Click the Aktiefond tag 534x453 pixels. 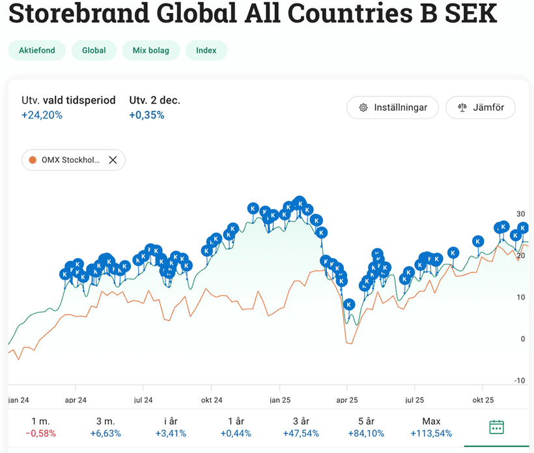click(x=37, y=50)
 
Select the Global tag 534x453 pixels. click(x=94, y=50)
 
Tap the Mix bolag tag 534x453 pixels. click(x=150, y=50)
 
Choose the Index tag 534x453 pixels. click(x=206, y=50)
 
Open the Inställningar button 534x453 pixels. click(x=393, y=108)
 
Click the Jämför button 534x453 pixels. click(x=481, y=108)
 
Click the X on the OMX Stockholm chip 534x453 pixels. click(x=113, y=160)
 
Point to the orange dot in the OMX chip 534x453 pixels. click(x=33, y=160)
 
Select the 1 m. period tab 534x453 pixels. click(x=41, y=428)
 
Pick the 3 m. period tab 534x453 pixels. click(x=105, y=428)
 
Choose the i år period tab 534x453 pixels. click(x=171, y=428)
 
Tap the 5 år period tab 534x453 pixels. click(x=366, y=428)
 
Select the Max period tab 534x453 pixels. click(x=431, y=428)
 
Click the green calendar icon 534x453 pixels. click(x=496, y=427)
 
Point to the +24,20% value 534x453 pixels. click(x=42, y=115)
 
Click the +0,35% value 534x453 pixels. click(x=147, y=115)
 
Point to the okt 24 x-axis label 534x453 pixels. click(x=211, y=400)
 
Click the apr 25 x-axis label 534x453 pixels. click(x=347, y=400)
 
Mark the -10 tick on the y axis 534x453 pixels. click(x=519, y=381)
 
